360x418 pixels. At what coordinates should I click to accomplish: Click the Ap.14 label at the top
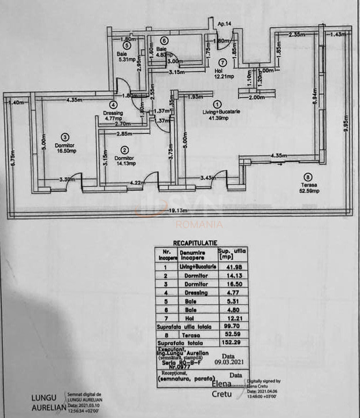pyautogui.click(x=225, y=24)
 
